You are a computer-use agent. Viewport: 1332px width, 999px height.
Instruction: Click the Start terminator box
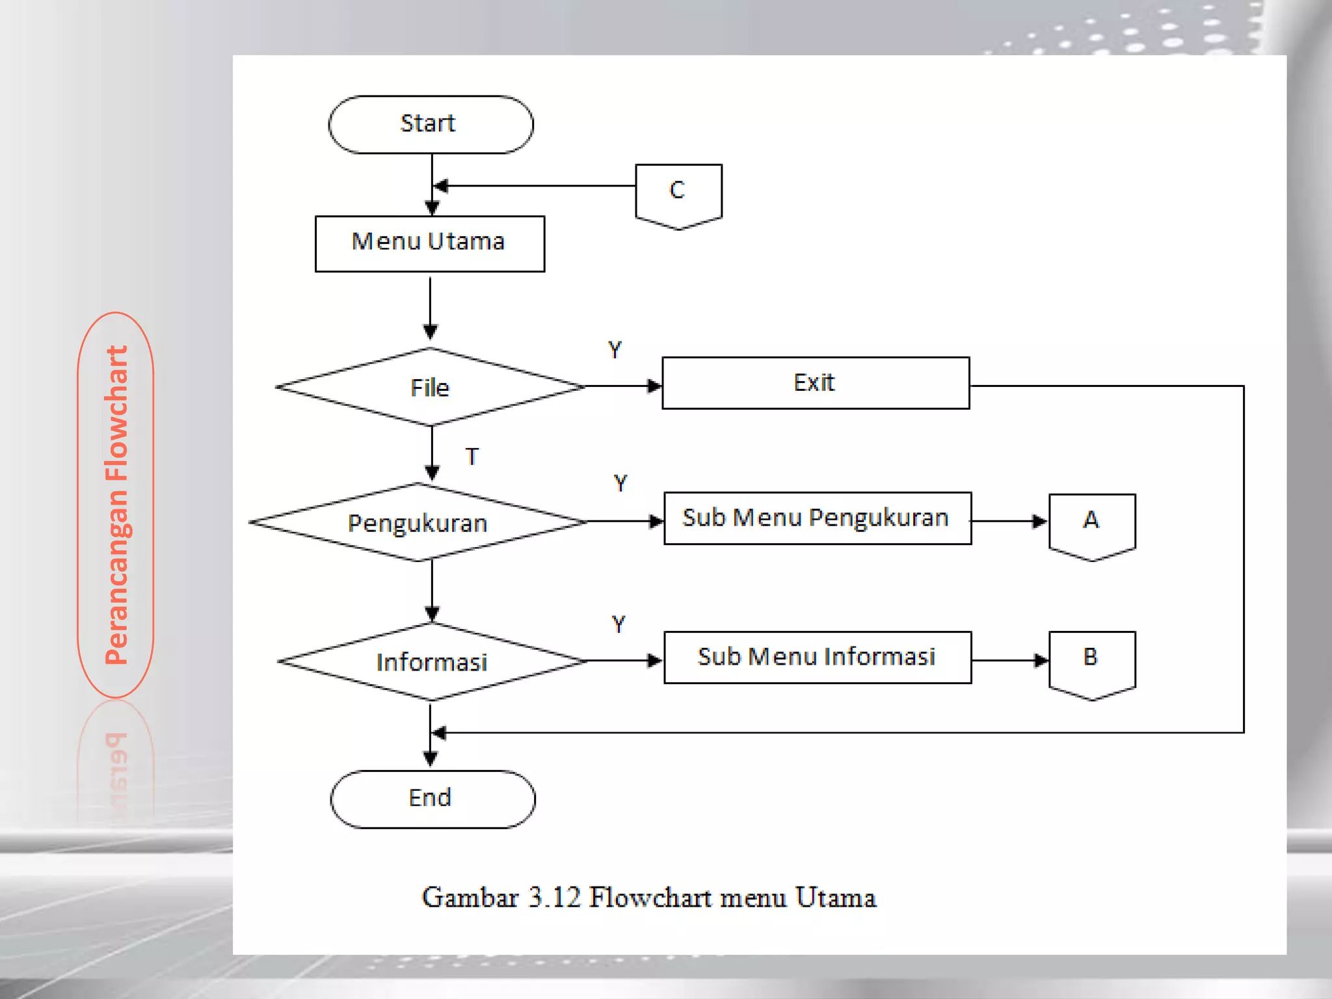[431, 124]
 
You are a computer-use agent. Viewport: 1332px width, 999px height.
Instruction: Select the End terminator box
[433, 799]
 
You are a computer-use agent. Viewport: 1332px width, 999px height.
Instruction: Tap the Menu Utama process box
[430, 243]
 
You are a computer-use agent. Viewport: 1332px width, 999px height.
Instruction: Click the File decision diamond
[430, 387]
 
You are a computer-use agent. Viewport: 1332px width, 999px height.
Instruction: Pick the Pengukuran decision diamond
[418, 522]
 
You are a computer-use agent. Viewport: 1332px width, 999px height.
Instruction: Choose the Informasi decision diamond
[431, 661]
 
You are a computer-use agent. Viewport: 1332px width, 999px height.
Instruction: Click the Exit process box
[816, 383]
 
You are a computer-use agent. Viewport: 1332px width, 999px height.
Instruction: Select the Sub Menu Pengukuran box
[818, 518]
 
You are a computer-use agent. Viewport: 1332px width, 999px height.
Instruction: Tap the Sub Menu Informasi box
[818, 657]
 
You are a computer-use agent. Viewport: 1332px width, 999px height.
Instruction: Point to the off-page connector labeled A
[1092, 524]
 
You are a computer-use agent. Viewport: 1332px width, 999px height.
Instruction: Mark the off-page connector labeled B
[1092, 662]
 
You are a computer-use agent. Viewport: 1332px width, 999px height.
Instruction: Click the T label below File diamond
[472, 457]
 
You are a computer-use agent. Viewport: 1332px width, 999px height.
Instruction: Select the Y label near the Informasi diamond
[619, 624]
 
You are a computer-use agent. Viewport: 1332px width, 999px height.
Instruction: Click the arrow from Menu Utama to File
[430, 306]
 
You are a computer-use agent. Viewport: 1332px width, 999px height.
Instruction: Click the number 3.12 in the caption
[553, 898]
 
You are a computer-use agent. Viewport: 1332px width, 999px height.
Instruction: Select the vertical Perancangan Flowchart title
[116, 505]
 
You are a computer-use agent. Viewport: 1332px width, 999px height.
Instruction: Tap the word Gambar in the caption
[470, 898]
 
